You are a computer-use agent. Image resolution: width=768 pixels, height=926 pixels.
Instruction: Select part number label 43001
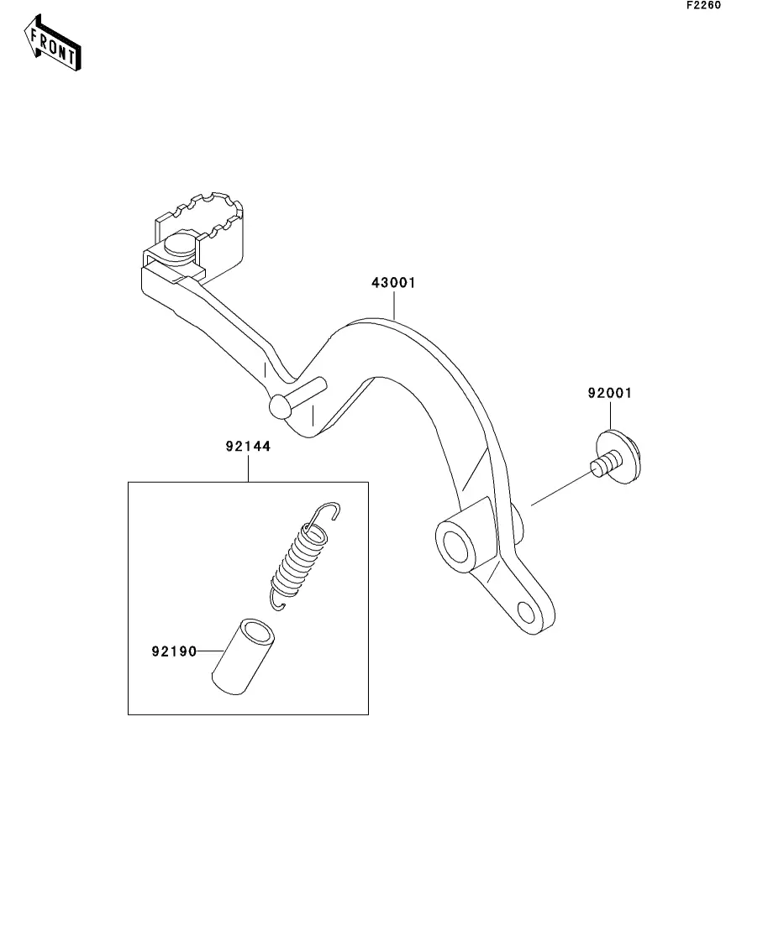[393, 283]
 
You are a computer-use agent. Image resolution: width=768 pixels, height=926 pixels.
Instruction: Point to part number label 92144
[248, 447]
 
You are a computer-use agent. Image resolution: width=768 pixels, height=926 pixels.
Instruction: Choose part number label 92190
[174, 651]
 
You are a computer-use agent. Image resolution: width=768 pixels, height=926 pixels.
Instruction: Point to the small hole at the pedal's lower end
[526, 609]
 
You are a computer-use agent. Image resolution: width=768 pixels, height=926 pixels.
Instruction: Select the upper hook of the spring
[326, 512]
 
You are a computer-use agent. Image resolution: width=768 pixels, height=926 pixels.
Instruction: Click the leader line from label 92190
[208, 651]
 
